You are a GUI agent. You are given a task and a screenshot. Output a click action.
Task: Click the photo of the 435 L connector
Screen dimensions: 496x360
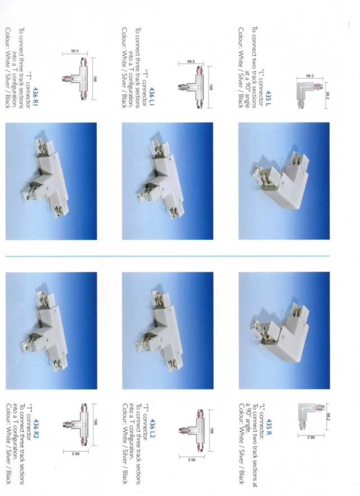[283, 181]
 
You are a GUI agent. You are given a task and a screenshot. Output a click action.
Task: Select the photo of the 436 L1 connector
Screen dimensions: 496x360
[167, 181]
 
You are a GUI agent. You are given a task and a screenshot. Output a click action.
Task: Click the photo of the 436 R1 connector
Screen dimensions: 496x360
[51, 181]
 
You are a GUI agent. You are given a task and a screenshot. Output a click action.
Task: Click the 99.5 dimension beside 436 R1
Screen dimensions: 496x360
[74, 52]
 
